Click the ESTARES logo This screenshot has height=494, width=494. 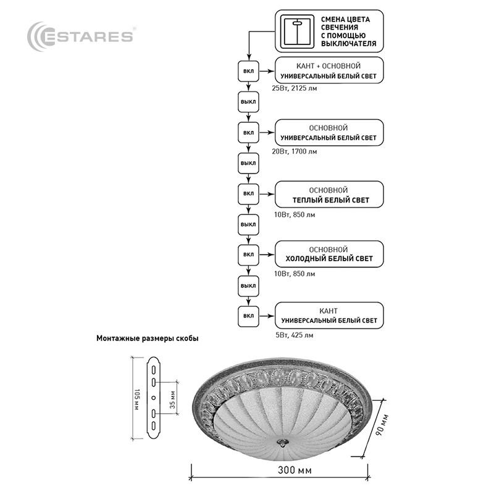(x=81, y=36)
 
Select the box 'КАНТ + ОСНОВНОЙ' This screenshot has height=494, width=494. (x=328, y=70)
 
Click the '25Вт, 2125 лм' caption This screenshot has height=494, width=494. (x=295, y=88)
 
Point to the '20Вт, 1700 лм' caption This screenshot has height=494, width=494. (x=295, y=151)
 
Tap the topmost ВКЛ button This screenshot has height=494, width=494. (x=248, y=71)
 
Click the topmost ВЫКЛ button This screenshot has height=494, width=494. (x=248, y=101)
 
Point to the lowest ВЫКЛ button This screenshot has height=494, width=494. (x=248, y=285)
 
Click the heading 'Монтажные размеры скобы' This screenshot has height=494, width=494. (x=148, y=338)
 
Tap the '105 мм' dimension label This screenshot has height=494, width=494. (x=137, y=398)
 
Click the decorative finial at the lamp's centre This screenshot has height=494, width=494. (x=282, y=443)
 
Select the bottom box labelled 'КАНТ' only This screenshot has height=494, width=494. (x=328, y=316)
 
